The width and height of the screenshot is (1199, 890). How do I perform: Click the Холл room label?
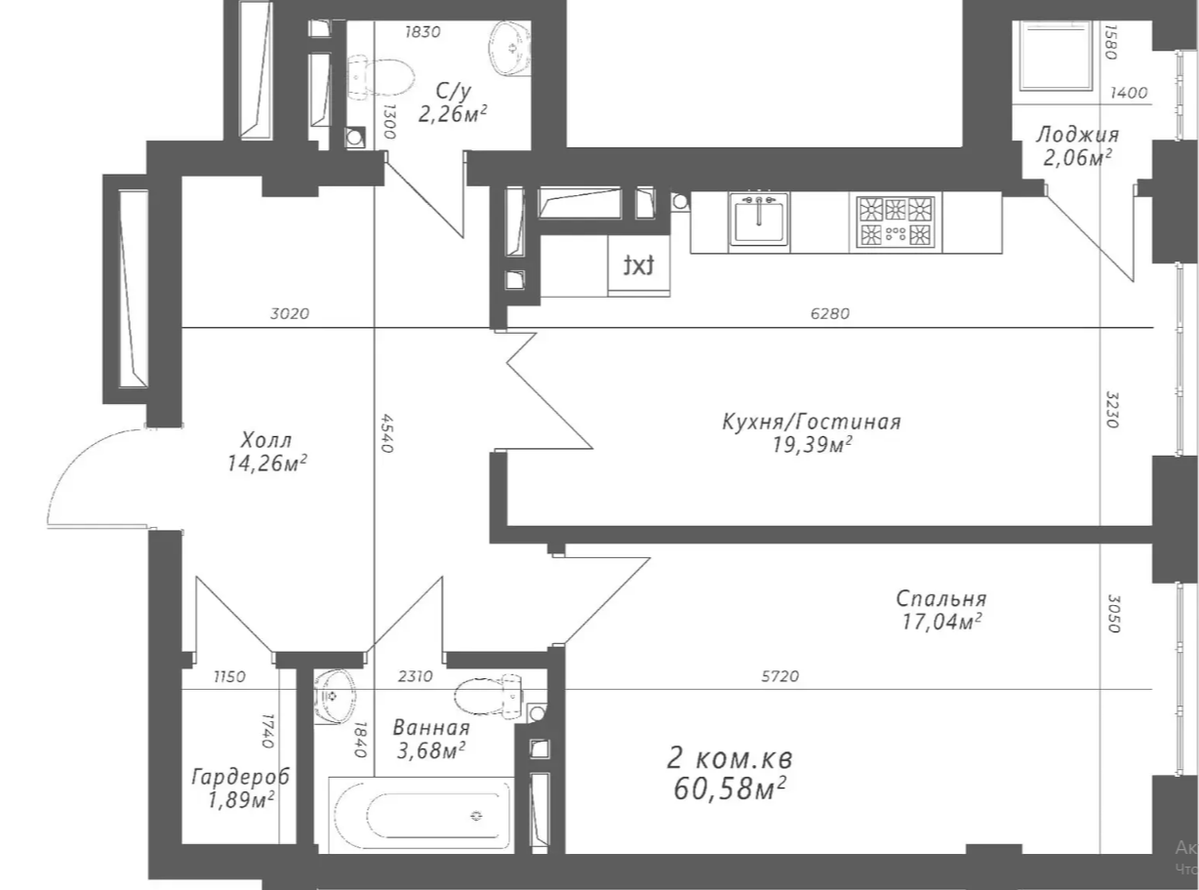pyautogui.click(x=266, y=440)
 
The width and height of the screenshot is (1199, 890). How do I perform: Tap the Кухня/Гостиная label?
pyautogui.click(x=812, y=422)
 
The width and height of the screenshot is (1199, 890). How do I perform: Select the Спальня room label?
pyautogui.click(x=941, y=598)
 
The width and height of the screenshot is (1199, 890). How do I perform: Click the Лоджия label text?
pyautogui.click(x=1077, y=135)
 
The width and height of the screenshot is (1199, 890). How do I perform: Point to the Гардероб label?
pyautogui.click(x=241, y=777)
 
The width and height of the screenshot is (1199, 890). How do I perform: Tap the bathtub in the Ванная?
pyautogui.click(x=421, y=815)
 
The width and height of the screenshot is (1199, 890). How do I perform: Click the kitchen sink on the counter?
pyautogui.click(x=758, y=219)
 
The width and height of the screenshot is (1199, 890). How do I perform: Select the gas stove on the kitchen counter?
pyautogui.click(x=897, y=222)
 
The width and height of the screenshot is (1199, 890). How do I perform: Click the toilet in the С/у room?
pyautogui.click(x=380, y=77)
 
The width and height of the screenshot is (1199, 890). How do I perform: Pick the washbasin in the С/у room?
pyautogui.click(x=510, y=48)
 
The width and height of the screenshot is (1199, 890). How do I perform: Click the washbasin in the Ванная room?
pyautogui.click(x=336, y=697)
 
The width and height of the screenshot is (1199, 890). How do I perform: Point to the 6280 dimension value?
pyautogui.click(x=830, y=313)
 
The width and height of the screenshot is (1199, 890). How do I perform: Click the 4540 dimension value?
pyautogui.click(x=386, y=433)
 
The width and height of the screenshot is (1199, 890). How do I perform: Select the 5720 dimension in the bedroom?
pyautogui.click(x=780, y=676)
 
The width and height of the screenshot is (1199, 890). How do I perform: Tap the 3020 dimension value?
pyautogui.click(x=290, y=313)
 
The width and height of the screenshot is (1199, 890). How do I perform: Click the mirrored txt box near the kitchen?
pyautogui.click(x=639, y=265)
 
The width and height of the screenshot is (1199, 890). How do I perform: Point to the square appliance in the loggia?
pyautogui.click(x=1056, y=56)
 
